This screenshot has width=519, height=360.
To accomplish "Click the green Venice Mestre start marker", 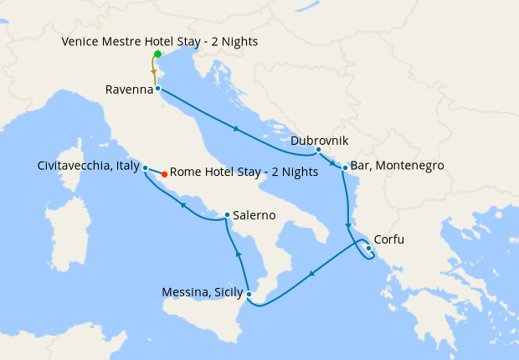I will (x=157, y=54).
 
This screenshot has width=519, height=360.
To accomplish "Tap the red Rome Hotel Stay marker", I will (x=164, y=174).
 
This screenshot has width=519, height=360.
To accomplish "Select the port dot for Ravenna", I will (x=157, y=88).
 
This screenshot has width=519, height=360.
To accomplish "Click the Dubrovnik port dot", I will (x=318, y=150).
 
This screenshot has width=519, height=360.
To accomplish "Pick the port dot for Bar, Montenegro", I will (x=344, y=168).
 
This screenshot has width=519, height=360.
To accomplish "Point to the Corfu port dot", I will (x=369, y=247).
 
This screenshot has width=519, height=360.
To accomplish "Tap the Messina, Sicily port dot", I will (x=249, y=294).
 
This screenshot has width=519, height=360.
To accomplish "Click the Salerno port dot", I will (x=227, y=216).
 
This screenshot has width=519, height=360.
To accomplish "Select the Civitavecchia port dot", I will (x=146, y=167).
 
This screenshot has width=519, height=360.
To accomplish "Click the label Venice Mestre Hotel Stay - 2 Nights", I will (x=159, y=41).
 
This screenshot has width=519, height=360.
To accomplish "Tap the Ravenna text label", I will (x=129, y=89).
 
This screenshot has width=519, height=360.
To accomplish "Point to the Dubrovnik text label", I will (x=320, y=141).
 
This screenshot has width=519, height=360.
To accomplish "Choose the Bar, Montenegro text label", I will (x=398, y=166).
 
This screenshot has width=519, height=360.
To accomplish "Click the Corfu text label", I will (x=389, y=239).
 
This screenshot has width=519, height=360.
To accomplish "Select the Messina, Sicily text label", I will (x=202, y=293).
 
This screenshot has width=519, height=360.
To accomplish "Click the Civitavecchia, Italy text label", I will (x=89, y=166).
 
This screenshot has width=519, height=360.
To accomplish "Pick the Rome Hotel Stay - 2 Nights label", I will (x=244, y=172).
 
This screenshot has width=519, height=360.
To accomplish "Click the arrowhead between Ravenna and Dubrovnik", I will (x=237, y=129).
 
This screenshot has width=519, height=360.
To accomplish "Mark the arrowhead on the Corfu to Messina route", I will (x=311, y=273).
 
